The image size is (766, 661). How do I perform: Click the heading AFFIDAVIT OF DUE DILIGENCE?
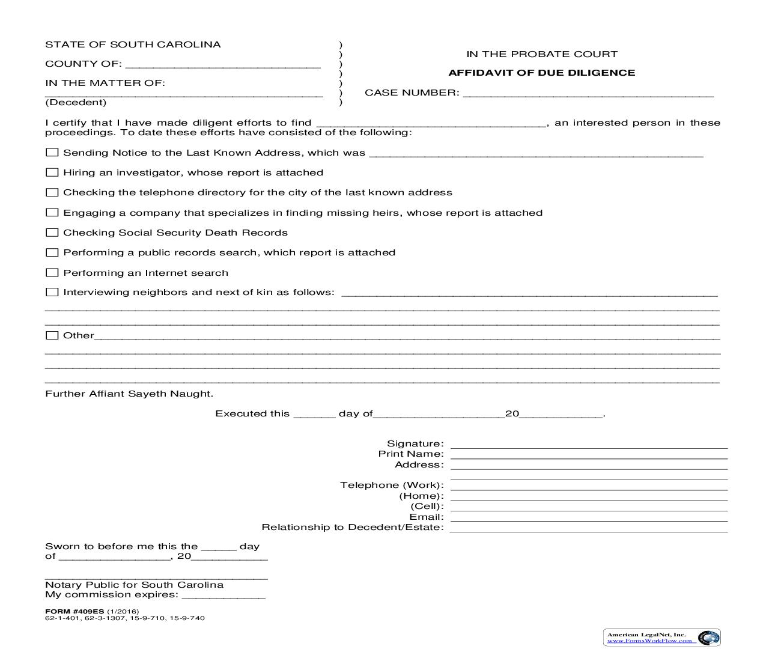(541, 73)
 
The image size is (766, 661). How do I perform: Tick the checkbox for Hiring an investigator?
(52, 172)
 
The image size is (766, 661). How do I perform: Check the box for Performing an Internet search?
(52, 273)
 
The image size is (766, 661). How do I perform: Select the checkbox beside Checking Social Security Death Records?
(52, 233)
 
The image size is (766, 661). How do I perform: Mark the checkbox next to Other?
(52, 335)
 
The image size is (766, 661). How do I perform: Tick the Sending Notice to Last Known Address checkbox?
(52, 153)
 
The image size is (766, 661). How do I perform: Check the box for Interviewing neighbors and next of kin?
(52, 292)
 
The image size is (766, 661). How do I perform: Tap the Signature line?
(589, 445)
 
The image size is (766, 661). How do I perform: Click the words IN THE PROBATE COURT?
(541, 54)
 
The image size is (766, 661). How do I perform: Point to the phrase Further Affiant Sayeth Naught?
(129, 394)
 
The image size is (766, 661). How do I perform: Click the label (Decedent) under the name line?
(76, 103)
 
